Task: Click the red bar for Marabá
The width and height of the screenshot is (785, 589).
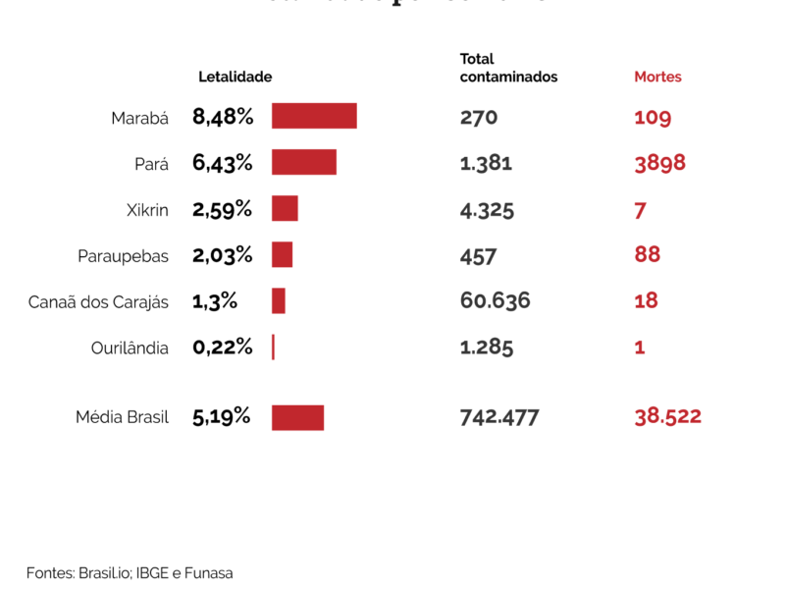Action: [314, 116]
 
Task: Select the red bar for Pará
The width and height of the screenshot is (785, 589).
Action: [304, 162]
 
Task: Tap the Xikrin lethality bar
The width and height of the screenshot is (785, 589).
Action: [285, 208]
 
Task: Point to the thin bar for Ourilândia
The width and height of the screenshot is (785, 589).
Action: [273, 347]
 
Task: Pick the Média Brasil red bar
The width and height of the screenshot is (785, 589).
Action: [297, 417]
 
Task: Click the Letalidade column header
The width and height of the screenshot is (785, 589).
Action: [235, 77]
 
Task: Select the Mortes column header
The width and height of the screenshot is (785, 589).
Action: [657, 77]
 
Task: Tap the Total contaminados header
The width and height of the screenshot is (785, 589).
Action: [507, 68]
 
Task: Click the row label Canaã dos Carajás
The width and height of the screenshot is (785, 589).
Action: [98, 302]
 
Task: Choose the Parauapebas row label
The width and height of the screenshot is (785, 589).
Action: [123, 256]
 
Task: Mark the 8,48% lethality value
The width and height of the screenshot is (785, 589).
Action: [223, 117]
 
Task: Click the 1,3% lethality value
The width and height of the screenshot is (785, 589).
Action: [215, 301]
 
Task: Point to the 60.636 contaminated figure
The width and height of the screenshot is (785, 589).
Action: [495, 300]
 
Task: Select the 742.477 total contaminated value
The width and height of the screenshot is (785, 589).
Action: [499, 416]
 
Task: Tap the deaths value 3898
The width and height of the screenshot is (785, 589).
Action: [659, 163]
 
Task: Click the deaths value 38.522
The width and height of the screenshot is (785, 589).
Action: [667, 416]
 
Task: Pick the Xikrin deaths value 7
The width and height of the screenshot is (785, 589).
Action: [640, 209]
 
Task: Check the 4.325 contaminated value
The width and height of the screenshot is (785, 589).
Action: [487, 209]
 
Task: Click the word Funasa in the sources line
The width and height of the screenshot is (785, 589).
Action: [210, 572]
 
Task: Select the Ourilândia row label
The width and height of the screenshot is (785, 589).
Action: [130, 348]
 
